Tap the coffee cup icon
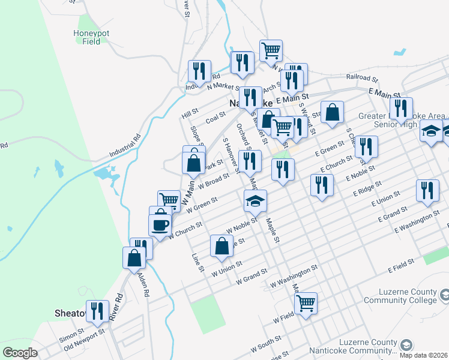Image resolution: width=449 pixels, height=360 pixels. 160,225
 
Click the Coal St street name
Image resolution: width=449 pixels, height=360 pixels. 215,120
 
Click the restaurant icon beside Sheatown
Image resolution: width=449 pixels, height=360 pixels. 97,311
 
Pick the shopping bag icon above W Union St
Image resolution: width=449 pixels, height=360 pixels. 221,245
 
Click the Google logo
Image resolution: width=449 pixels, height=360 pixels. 20,352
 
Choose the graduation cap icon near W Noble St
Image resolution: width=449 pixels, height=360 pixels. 255,200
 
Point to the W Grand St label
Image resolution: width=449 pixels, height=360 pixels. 252,278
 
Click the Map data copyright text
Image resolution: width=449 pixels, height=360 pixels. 424,354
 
